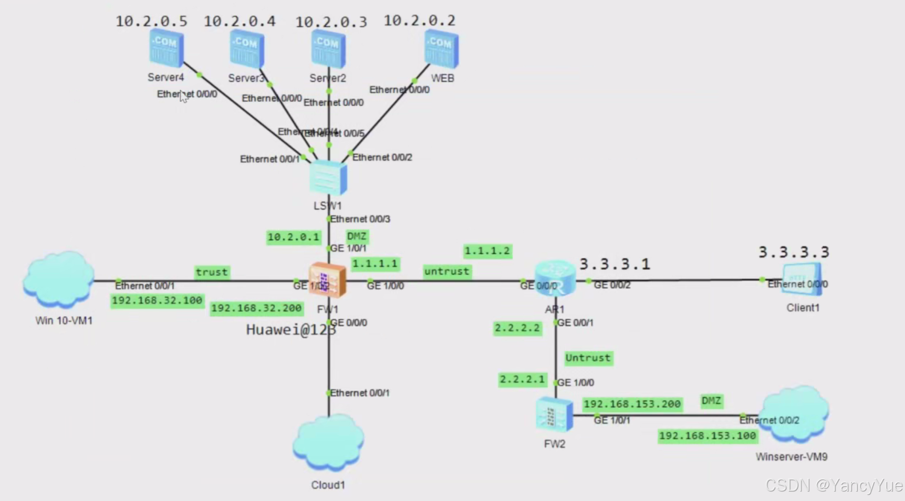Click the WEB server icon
tap(441, 48)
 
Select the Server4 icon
tap(166, 48)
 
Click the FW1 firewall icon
tap(327, 280)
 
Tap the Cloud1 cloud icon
tap(328, 443)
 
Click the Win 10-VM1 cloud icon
tap(58, 279)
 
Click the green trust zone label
tap(212, 272)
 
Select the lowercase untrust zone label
tap(446, 272)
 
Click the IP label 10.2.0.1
tap(294, 237)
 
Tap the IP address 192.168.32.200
tap(256, 308)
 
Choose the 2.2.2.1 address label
tap(522, 380)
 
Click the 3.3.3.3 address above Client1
tap(794, 253)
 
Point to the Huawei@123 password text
tap(290, 330)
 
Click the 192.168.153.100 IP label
tap(707, 436)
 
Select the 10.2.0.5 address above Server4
tap(151, 22)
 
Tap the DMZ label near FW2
tap(711, 401)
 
